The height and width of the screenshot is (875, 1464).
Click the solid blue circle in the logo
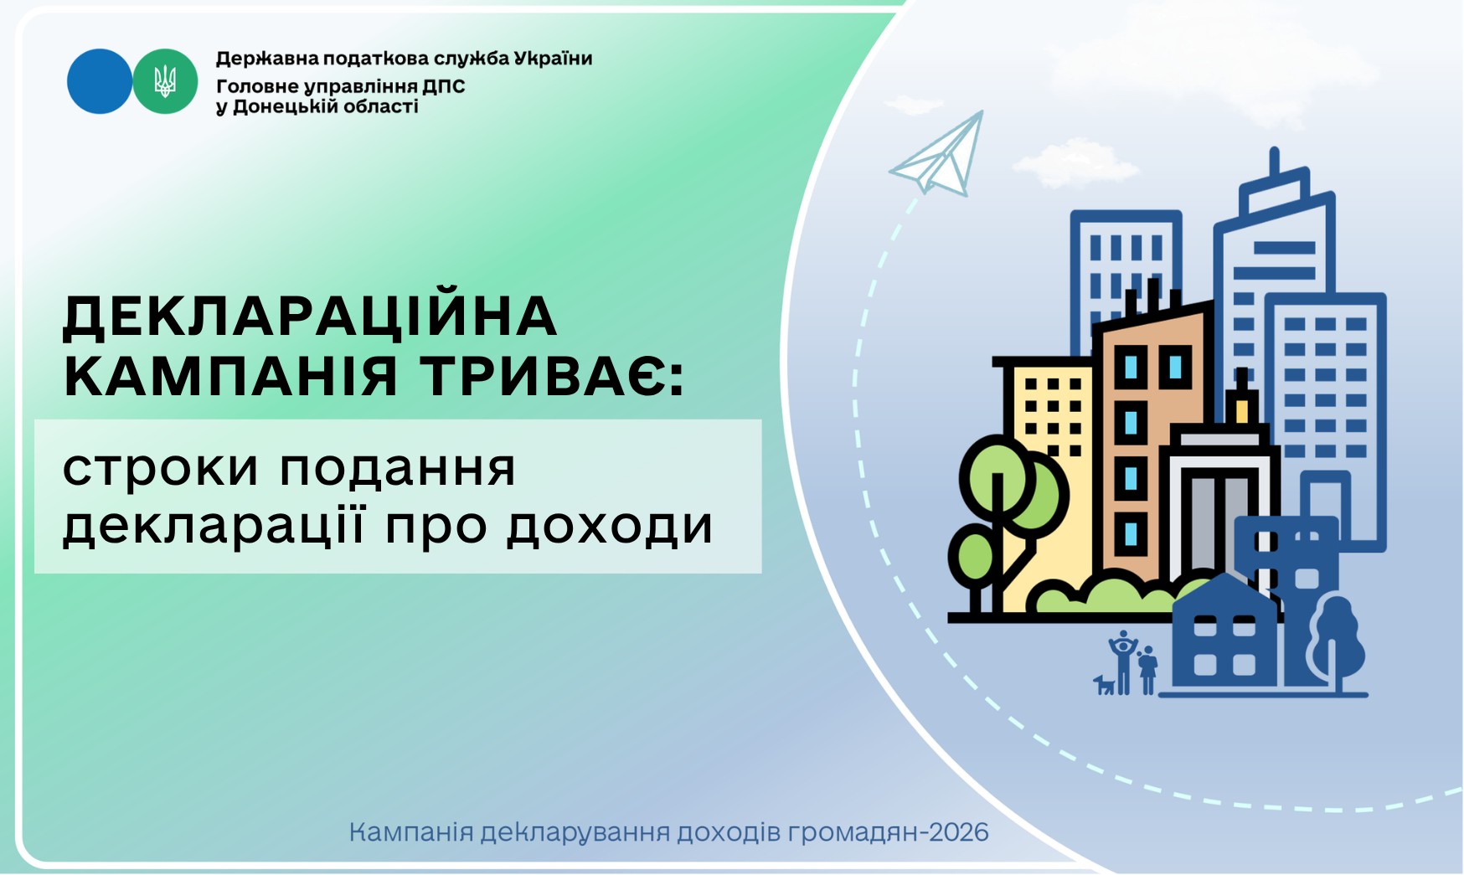tap(99, 81)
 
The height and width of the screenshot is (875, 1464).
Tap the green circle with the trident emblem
tap(165, 81)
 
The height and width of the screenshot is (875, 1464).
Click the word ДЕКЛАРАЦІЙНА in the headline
tap(311, 316)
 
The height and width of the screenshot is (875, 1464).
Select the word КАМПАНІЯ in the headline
tap(230, 376)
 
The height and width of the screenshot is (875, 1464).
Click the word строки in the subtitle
tap(161, 469)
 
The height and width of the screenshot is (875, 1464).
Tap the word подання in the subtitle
tap(398, 469)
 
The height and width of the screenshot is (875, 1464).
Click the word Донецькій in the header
tap(287, 106)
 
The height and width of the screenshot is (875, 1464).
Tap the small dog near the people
tap(1105, 685)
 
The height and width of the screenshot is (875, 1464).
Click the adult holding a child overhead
tap(1123, 662)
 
